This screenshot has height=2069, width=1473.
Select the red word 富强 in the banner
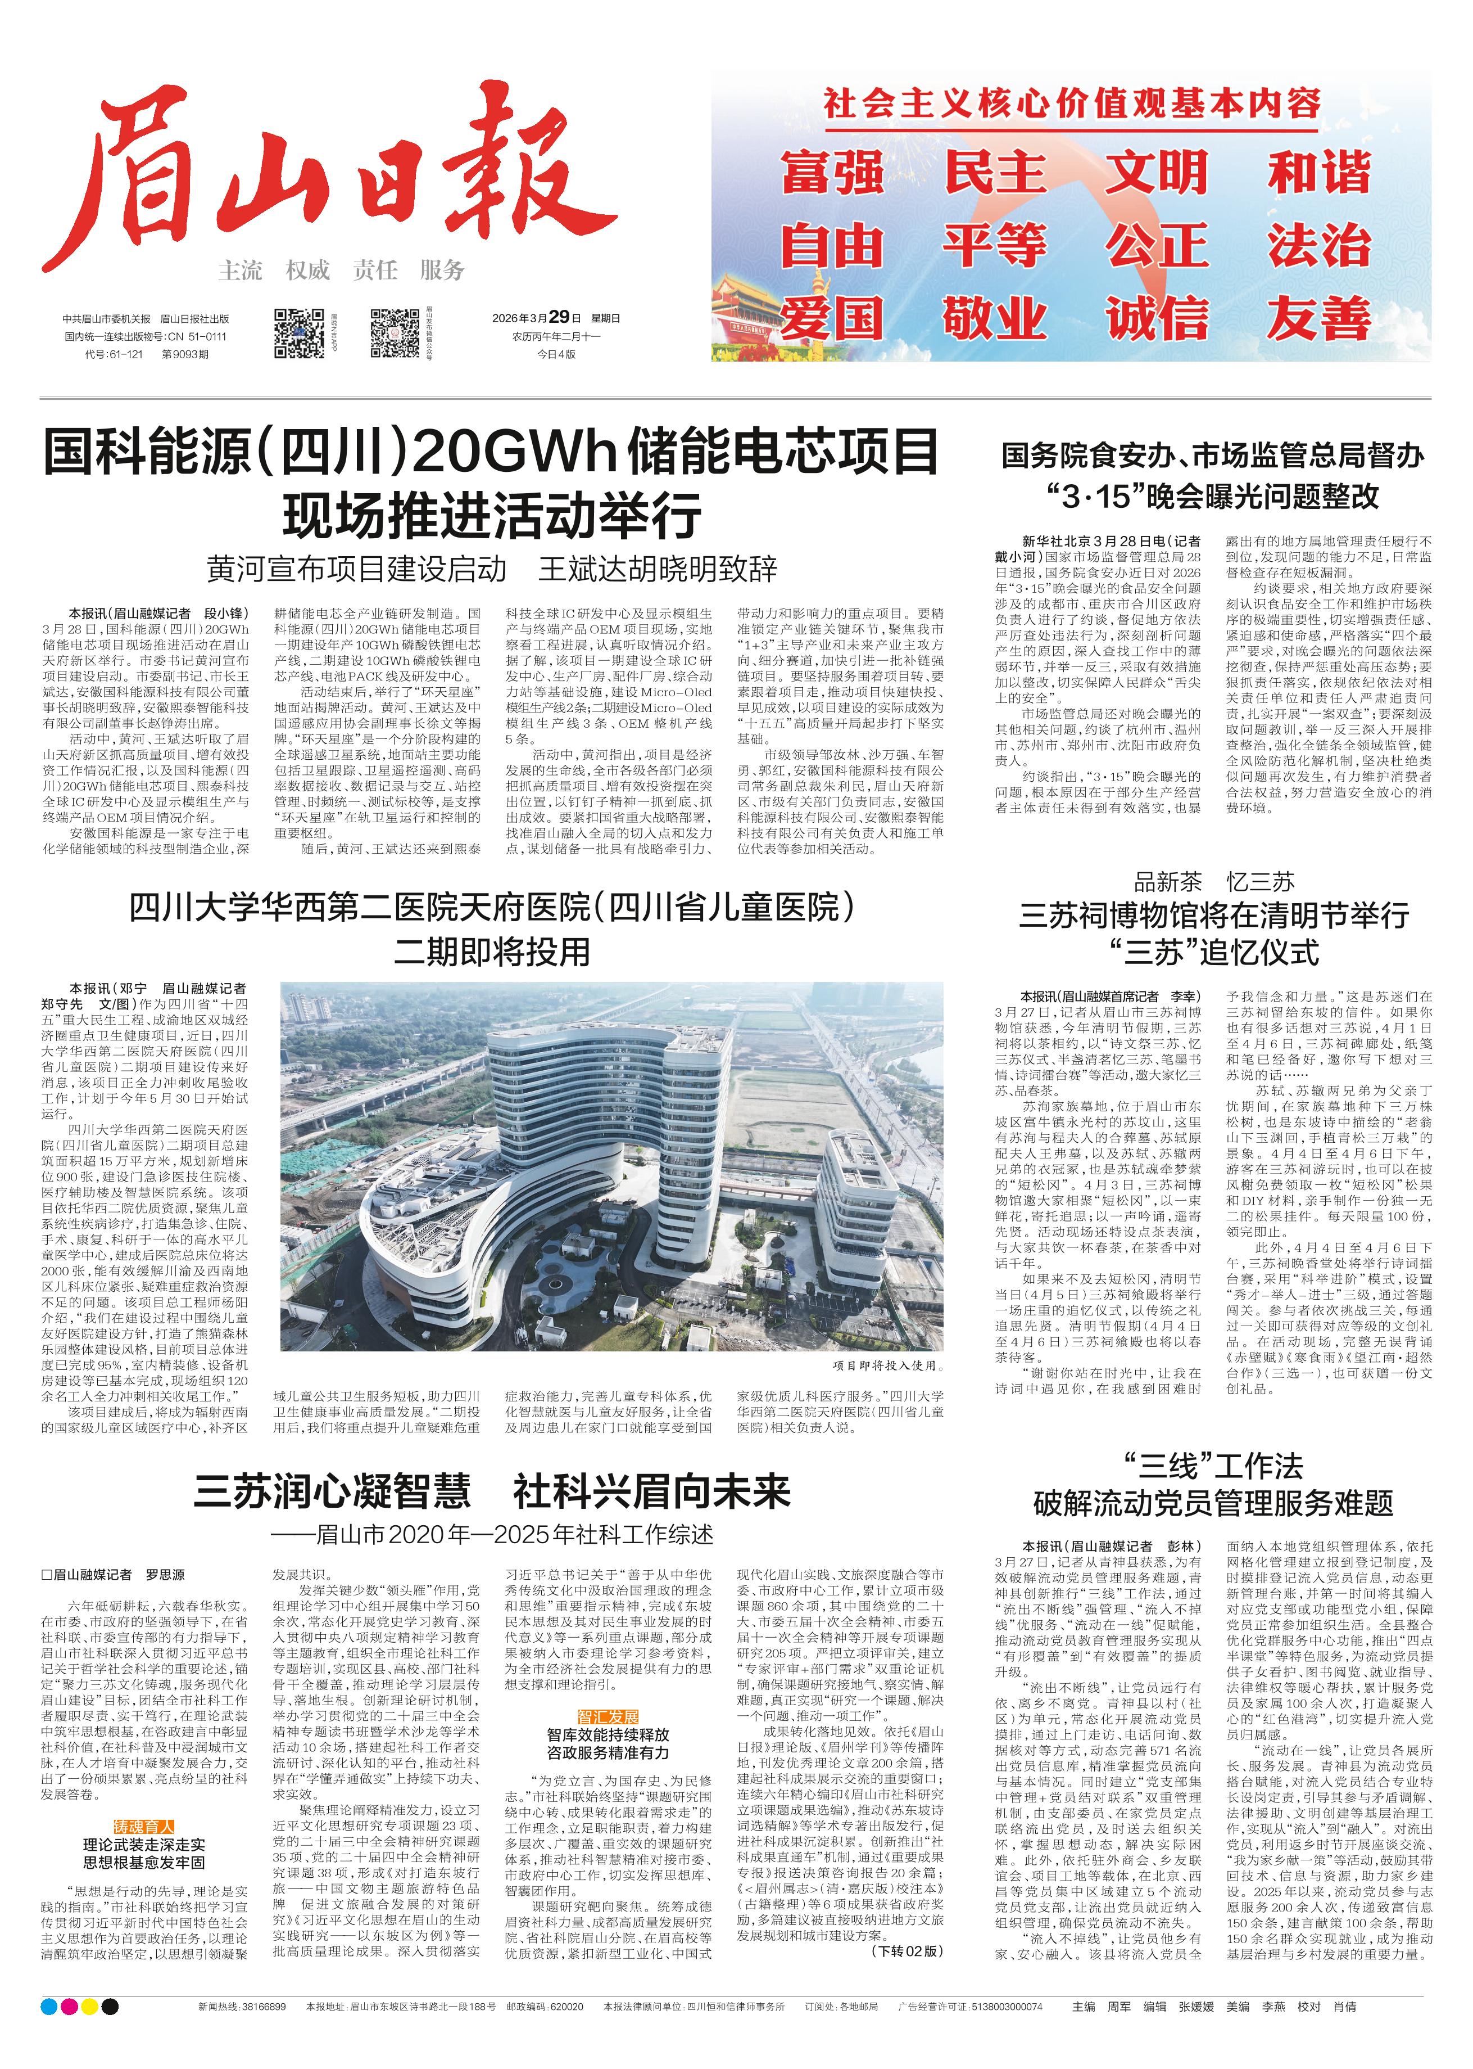click(832, 173)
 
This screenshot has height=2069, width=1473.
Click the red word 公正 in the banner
click(1157, 245)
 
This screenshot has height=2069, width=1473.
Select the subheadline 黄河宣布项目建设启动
click(356, 569)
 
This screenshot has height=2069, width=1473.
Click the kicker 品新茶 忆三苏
click(1213, 881)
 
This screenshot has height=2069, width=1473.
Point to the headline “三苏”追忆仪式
click(1213, 953)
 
